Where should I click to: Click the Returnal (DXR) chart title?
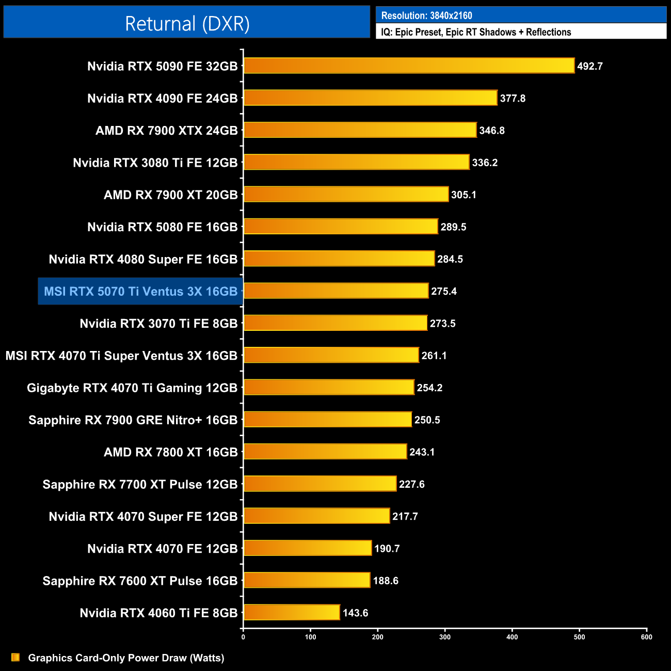187,24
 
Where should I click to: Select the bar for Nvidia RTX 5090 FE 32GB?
409,66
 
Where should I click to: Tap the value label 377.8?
513,98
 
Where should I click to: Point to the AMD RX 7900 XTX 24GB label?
166,131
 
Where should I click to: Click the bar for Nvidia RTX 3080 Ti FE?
356,162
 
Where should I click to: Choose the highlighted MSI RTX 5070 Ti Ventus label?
140,291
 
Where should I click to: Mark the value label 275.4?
444,291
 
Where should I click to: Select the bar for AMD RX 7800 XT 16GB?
325,452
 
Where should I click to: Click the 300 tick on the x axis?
445,637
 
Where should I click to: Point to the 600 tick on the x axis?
646,637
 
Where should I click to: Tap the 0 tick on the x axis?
243,637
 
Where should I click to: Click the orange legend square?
15,657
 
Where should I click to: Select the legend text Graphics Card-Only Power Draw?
126,658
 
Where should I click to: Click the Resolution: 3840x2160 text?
426,15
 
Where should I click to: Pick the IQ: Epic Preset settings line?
476,32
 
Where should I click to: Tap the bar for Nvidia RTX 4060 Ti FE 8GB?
292,612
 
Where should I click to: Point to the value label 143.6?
355,613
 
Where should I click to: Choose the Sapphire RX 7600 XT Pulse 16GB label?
140,581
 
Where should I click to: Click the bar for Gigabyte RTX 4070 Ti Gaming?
329,387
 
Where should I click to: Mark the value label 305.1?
464,195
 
